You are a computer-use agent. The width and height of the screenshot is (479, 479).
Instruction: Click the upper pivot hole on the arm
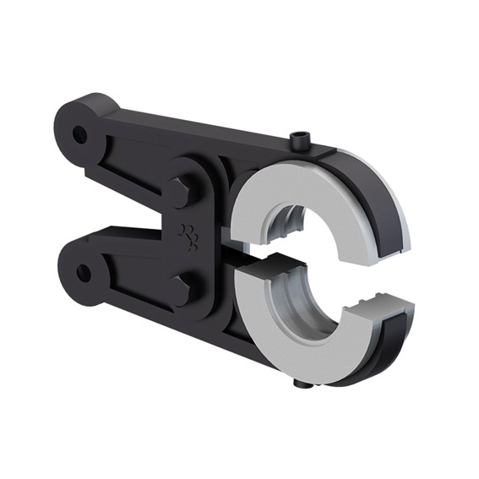[79, 133]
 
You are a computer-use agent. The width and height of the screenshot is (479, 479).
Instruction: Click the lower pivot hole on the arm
[83, 273]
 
